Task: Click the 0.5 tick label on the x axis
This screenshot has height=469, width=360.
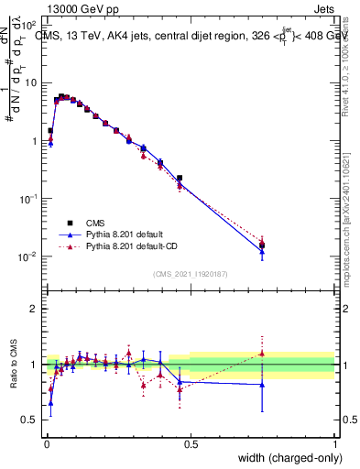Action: coord(191,443)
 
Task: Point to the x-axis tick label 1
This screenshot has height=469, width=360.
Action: coord(334,443)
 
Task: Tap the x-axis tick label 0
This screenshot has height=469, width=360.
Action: coord(46,443)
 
